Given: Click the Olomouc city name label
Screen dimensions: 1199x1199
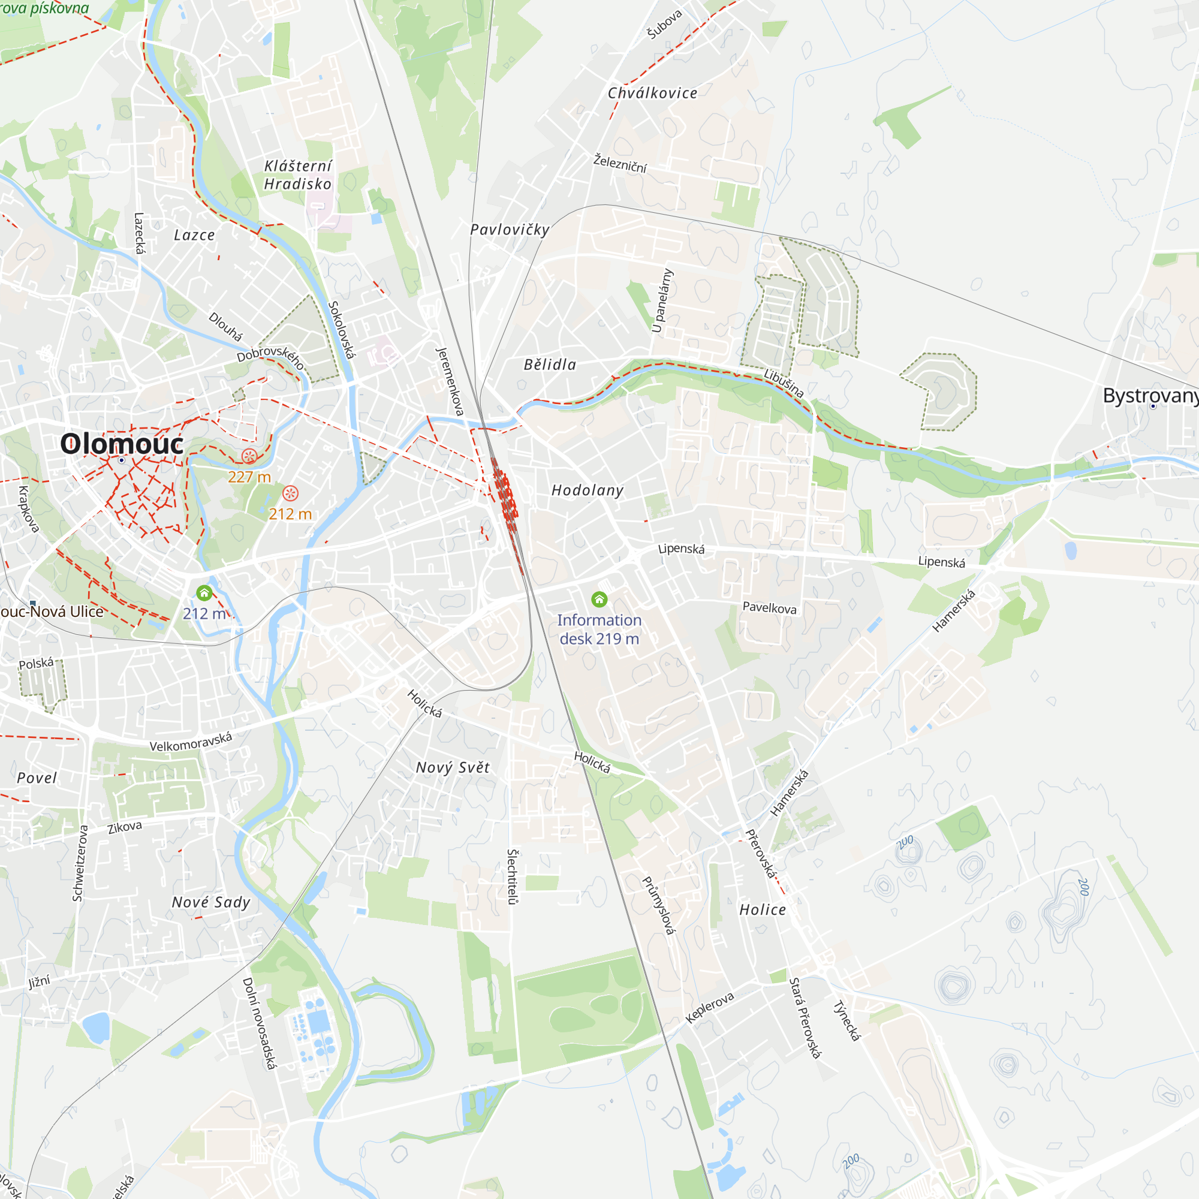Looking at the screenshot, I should pyautogui.click(x=122, y=444).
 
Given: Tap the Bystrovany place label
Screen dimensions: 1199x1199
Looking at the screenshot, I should pyautogui.click(x=1150, y=395).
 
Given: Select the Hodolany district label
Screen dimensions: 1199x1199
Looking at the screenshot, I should pyautogui.click(x=587, y=491).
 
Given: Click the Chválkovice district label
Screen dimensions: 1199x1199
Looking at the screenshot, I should pyautogui.click(x=652, y=93).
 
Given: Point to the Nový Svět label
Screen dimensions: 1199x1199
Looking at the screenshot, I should pyautogui.click(x=453, y=768).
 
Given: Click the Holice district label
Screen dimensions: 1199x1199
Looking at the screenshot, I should pyautogui.click(x=762, y=910).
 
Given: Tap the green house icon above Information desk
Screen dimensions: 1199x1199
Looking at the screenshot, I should pyautogui.click(x=599, y=599).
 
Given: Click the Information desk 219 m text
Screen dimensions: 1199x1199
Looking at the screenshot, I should pyautogui.click(x=599, y=629).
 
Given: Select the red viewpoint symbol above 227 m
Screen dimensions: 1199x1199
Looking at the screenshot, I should pyautogui.click(x=249, y=456).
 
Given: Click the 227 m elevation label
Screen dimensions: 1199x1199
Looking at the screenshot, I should pyautogui.click(x=249, y=477).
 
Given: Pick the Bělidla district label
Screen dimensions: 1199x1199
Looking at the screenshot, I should pyautogui.click(x=550, y=365).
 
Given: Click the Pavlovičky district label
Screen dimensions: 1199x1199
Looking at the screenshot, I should pyautogui.click(x=510, y=230).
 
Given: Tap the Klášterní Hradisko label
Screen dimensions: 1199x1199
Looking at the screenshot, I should pyautogui.click(x=298, y=175).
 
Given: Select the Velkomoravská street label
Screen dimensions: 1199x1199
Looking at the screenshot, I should pyautogui.click(x=191, y=741).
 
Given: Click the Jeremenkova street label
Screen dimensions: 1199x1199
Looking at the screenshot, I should pyautogui.click(x=450, y=381).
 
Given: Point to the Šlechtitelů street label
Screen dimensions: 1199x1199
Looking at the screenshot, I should pyautogui.click(x=512, y=876).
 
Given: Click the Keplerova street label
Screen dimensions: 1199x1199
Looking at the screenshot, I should pyautogui.click(x=709, y=1007).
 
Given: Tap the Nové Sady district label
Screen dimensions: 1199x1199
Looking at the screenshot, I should pyautogui.click(x=211, y=902).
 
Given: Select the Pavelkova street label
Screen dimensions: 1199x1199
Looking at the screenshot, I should pyautogui.click(x=770, y=607).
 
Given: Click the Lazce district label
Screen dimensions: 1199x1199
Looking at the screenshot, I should pyautogui.click(x=194, y=235).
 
